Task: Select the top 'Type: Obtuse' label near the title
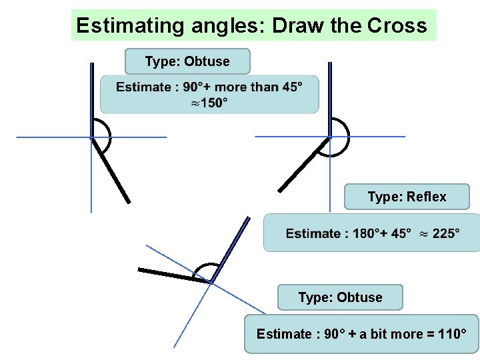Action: tap(187, 61)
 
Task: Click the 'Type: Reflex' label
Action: tap(407, 197)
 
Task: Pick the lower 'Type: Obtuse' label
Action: tap(340, 297)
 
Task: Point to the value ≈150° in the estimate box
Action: tap(209, 103)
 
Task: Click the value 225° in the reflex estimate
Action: tap(446, 233)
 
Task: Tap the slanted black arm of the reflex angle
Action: tap(303, 164)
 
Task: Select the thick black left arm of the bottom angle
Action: tap(173, 275)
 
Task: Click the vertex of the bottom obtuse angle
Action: tap(211, 283)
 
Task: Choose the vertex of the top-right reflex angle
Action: tap(329, 137)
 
